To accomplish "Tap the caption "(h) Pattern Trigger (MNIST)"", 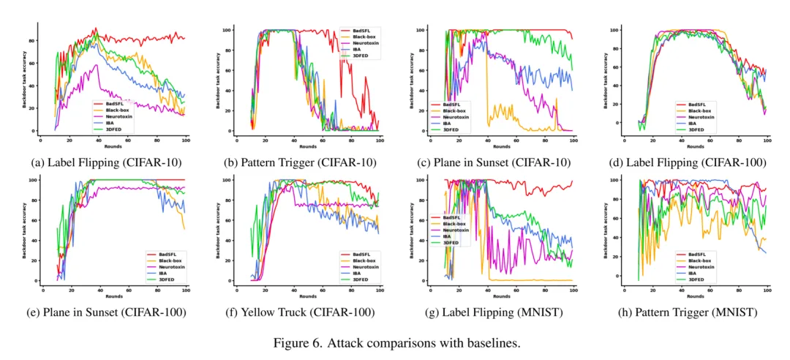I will (x=679, y=313).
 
